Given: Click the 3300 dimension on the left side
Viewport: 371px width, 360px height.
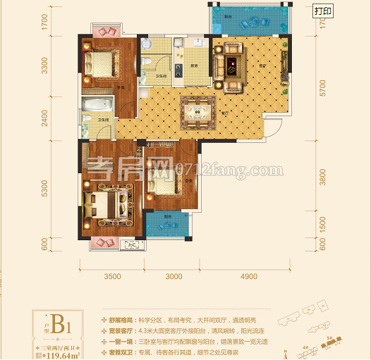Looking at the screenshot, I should click(x=44, y=68).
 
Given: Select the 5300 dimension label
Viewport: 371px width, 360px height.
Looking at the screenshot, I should click(x=44, y=189).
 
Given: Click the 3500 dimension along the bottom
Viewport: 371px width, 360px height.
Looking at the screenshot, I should click(x=113, y=277).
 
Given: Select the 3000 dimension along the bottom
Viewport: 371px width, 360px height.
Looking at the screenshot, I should click(x=174, y=277).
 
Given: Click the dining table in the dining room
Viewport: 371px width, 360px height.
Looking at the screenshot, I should click(x=199, y=111).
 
